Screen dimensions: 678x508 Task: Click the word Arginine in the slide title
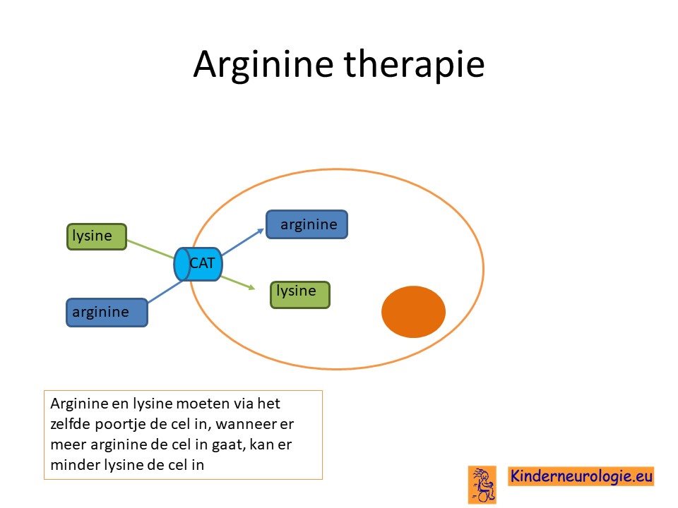[263, 64]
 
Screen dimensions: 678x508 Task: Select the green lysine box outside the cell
[97, 237]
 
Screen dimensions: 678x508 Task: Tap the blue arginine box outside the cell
[107, 313]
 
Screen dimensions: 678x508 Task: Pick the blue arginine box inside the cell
[307, 224]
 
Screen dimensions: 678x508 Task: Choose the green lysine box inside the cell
[300, 295]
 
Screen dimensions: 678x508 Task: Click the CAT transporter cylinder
[198, 264]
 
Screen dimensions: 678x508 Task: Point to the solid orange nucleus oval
[413, 311]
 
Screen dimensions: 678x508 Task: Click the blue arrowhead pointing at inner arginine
[261, 231]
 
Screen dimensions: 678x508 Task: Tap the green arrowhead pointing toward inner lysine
[251, 287]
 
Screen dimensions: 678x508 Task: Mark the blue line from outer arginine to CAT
[166, 291]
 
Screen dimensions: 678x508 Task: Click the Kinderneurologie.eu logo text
[581, 476]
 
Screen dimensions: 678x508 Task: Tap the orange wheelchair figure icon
[482, 485]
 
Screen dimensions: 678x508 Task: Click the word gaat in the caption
[229, 445]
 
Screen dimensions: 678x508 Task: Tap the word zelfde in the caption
[70, 424]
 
